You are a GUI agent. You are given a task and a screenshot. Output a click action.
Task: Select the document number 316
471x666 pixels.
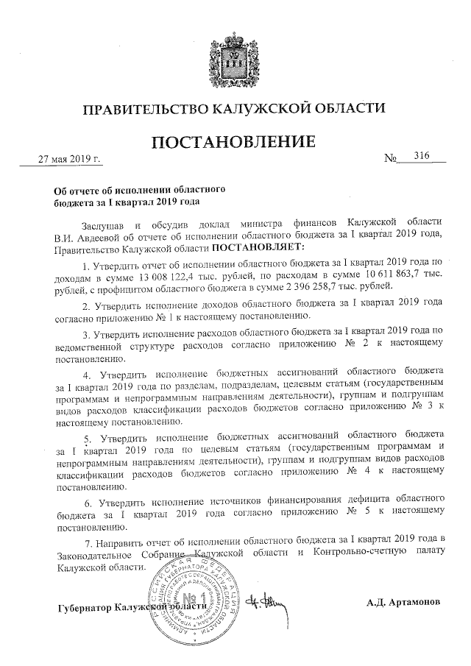(421, 156)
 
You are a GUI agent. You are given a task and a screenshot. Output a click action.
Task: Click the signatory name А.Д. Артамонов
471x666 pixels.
(404, 602)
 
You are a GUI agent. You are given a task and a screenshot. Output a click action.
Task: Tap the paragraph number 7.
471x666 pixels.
(87, 542)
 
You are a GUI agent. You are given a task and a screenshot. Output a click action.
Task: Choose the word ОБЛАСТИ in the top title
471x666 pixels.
(350, 110)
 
